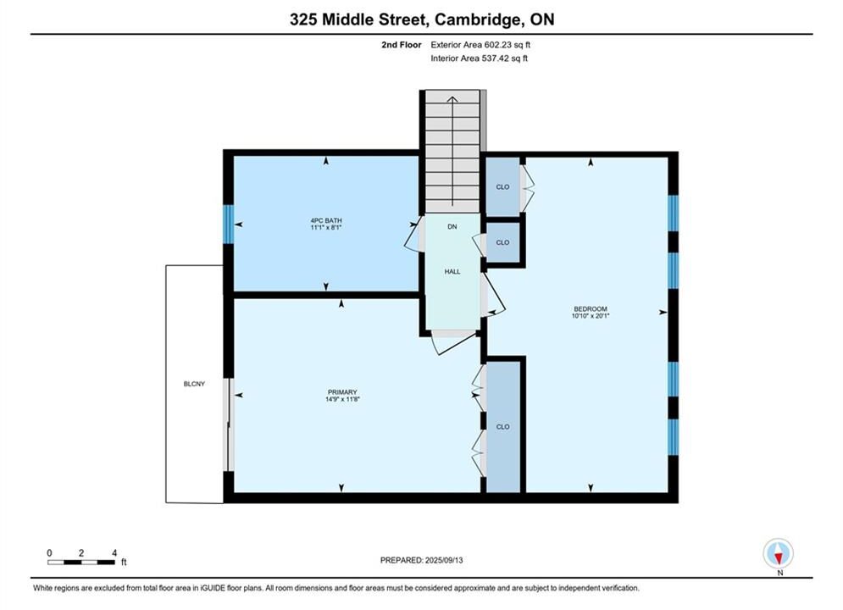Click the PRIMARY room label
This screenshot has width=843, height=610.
coord(342,392)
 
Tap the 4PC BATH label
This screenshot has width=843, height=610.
coord(326,220)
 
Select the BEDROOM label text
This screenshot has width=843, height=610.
coord(591,309)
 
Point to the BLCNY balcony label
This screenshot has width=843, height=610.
coord(194,384)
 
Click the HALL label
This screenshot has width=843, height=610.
coord(452,271)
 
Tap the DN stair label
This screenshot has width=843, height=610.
coord(452,227)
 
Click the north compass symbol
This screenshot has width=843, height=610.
coord(779,553)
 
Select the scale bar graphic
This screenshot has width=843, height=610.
coord(81,563)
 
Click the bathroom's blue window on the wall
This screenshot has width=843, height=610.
coord(229,225)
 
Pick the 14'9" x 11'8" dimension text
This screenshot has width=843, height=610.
coord(342,399)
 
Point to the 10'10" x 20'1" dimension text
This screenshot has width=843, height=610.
coord(591,316)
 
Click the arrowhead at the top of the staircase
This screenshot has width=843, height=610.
coord(452,99)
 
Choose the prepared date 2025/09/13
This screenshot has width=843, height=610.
coord(444,560)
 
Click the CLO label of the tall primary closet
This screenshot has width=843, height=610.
coord(502,427)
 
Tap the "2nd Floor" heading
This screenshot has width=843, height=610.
coord(402,45)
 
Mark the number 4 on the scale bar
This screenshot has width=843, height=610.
coord(114,553)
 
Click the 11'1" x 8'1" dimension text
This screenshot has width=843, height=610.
coord(326,227)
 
